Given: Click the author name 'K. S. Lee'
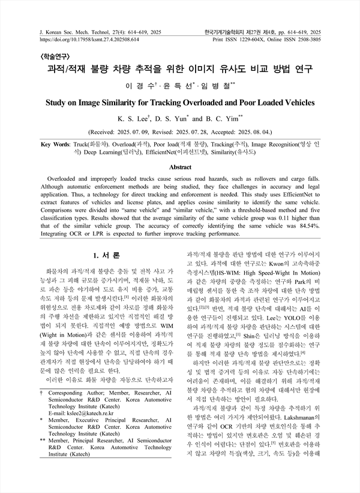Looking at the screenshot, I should [x=136, y=118].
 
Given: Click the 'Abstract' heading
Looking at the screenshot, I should [x=180, y=167].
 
